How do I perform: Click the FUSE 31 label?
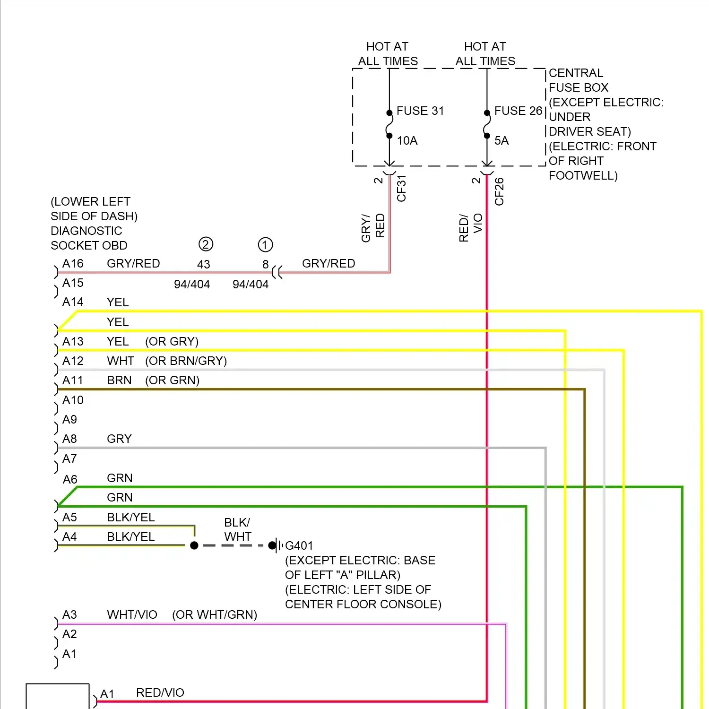(420, 111)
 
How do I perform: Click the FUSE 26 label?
(518, 111)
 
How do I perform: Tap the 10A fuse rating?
(407, 140)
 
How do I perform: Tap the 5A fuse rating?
(501, 140)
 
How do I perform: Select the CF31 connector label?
(401, 188)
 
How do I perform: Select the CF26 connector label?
(499, 191)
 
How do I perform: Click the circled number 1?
(265, 245)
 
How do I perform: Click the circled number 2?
(206, 244)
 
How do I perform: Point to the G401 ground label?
(299, 545)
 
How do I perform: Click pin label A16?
(73, 263)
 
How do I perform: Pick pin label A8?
(69, 439)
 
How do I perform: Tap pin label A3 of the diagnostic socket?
(69, 614)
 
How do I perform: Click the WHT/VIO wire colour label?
(132, 614)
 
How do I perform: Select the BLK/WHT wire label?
(237, 529)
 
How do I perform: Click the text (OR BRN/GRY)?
(186, 361)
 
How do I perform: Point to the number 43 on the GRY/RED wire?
(203, 264)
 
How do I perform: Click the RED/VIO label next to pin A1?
(160, 692)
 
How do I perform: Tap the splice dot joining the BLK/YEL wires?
(194, 545)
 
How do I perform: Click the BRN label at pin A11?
(119, 380)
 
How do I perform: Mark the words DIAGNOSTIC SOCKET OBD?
(89, 238)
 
